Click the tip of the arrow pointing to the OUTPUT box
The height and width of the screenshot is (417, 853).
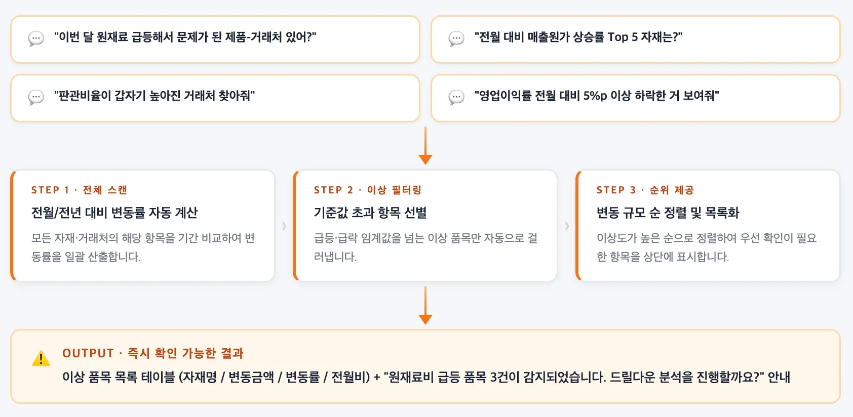click(425, 324)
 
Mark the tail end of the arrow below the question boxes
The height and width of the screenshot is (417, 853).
click(425, 128)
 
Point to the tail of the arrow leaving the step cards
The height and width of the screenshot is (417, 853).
click(425, 287)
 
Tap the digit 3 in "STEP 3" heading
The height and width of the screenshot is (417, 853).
click(633, 190)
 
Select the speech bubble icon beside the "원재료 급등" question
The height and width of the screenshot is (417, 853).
click(36, 38)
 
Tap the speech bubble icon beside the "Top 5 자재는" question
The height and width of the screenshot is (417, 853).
click(456, 38)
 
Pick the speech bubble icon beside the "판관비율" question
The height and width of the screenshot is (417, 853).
click(36, 97)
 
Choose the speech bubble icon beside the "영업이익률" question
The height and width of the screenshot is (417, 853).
click(456, 97)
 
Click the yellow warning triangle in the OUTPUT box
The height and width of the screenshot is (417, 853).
click(41, 358)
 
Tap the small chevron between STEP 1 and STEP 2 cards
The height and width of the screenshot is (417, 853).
click(284, 226)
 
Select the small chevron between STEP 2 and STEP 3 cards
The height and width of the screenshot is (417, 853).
click(567, 226)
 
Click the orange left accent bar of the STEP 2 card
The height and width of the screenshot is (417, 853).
click(295, 226)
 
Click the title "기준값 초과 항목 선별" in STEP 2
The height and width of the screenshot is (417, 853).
click(370, 213)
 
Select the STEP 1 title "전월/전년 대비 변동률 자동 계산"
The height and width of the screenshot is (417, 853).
click(114, 213)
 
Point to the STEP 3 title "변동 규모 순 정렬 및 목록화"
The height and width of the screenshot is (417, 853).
click(668, 213)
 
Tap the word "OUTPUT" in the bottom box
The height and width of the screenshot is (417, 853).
click(88, 353)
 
